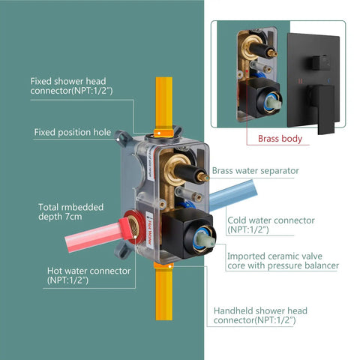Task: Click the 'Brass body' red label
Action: pos(280,139)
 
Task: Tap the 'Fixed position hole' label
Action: pos(73,132)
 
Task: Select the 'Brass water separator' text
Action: pos(256,171)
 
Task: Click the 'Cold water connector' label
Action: pos(271,225)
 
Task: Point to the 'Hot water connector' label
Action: pos(88,275)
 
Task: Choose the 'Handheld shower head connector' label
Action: pos(260,316)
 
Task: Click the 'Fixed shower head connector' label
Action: pos(71,86)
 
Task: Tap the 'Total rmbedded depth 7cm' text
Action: pos(70,211)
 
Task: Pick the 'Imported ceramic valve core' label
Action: pos(283,261)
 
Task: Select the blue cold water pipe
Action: pos(233,196)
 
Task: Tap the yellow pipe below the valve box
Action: pos(164,292)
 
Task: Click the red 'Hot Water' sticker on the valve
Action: pos(149,230)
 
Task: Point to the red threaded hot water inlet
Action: pos(134,226)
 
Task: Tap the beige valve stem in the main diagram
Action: pos(205,239)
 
